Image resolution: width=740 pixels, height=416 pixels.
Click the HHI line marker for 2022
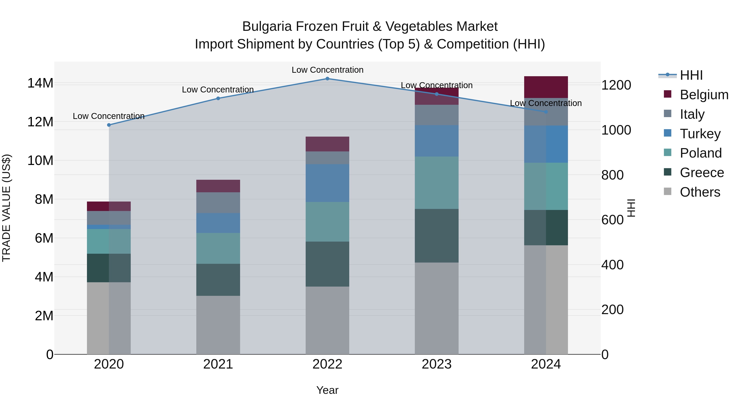[327, 78]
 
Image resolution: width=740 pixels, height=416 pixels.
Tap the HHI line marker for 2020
[109, 125]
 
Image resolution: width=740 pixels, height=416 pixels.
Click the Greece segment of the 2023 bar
[436, 235]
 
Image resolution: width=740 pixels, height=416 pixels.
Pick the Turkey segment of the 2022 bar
[327, 183]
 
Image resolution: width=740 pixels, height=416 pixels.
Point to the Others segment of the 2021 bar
[218, 324]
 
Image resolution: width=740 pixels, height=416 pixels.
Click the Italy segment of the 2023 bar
[436, 115]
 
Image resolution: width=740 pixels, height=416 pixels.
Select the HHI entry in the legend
[691, 75]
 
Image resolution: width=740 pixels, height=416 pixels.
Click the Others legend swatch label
[700, 192]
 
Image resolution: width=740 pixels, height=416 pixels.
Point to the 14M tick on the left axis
[40, 83]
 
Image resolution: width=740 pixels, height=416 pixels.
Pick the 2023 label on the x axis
[436, 364]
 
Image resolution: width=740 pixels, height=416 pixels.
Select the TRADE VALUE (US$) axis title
[6, 208]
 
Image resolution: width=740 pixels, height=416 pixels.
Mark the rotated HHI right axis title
[631, 208]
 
